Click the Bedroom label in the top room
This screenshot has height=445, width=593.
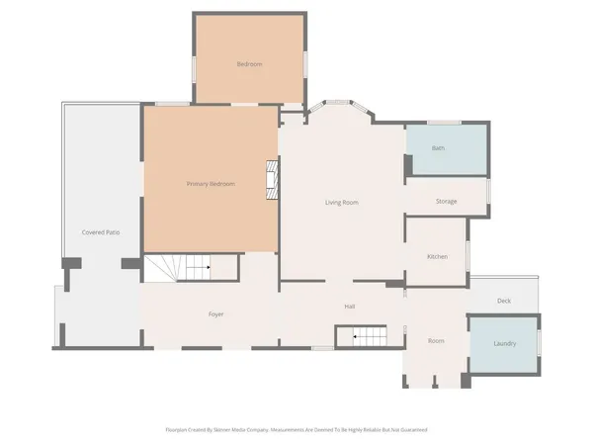(x=249, y=64)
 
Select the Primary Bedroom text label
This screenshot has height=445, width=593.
(x=211, y=184)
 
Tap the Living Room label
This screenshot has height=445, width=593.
(x=341, y=203)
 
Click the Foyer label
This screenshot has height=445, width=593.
(x=215, y=314)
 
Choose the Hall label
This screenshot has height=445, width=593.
(x=350, y=307)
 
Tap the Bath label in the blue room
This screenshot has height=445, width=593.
(x=438, y=148)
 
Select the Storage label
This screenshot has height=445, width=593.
(x=446, y=202)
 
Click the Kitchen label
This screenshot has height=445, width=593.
(x=437, y=256)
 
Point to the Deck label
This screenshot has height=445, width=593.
(x=503, y=301)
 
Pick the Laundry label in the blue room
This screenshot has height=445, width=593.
(x=504, y=343)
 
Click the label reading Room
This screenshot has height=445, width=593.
(x=436, y=341)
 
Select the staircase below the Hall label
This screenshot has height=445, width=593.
(x=368, y=338)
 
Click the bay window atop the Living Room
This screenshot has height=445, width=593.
(x=338, y=107)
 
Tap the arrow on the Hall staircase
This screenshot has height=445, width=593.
(x=357, y=338)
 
